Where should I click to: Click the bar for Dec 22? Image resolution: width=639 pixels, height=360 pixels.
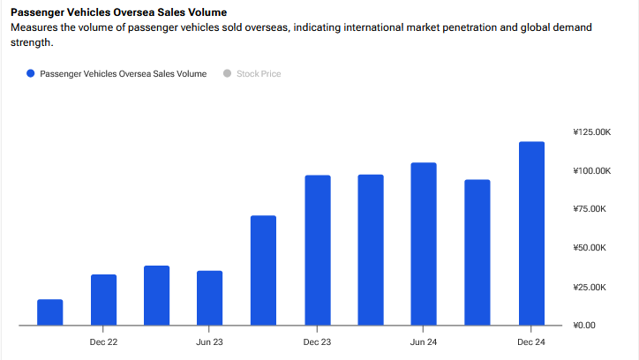[103, 300]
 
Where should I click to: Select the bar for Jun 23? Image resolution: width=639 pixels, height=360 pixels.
[210, 298]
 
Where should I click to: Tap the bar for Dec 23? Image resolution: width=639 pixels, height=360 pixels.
[317, 251]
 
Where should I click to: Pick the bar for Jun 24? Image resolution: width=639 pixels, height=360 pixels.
[424, 244]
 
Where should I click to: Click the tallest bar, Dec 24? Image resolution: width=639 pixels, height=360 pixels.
[531, 234]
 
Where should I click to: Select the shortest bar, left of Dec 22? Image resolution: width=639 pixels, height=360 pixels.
[50, 312]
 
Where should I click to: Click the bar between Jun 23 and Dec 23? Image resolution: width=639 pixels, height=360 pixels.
[263, 271]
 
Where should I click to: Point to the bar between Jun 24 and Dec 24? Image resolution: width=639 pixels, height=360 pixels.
[477, 252]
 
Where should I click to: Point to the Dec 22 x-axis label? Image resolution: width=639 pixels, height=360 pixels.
[103, 341]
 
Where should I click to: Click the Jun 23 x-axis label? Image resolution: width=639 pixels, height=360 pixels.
[210, 341]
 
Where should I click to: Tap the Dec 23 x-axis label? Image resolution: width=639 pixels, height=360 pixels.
[317, 341]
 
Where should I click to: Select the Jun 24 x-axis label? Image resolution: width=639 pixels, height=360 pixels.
[424, 341]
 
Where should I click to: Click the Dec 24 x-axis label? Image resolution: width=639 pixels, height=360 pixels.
[531, 341]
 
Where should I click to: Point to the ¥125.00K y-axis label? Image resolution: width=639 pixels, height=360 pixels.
[590, 132]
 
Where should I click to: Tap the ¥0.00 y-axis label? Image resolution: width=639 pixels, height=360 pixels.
[585, 326]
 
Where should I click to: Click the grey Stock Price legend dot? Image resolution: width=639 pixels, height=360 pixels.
[227, 74]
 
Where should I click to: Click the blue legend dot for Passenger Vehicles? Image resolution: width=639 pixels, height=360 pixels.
[31, 74]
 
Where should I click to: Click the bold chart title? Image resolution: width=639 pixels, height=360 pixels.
[118, 12]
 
